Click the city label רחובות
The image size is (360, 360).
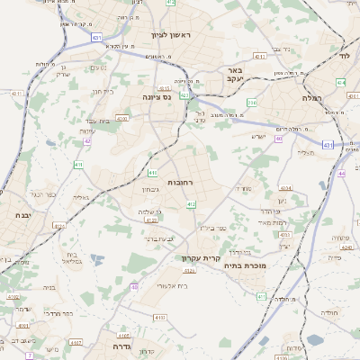(181, 183)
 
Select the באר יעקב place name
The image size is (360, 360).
(233, 74)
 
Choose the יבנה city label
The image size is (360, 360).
(24, 215)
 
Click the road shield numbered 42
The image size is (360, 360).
(87, 140)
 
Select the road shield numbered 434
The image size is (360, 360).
(340, 82)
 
